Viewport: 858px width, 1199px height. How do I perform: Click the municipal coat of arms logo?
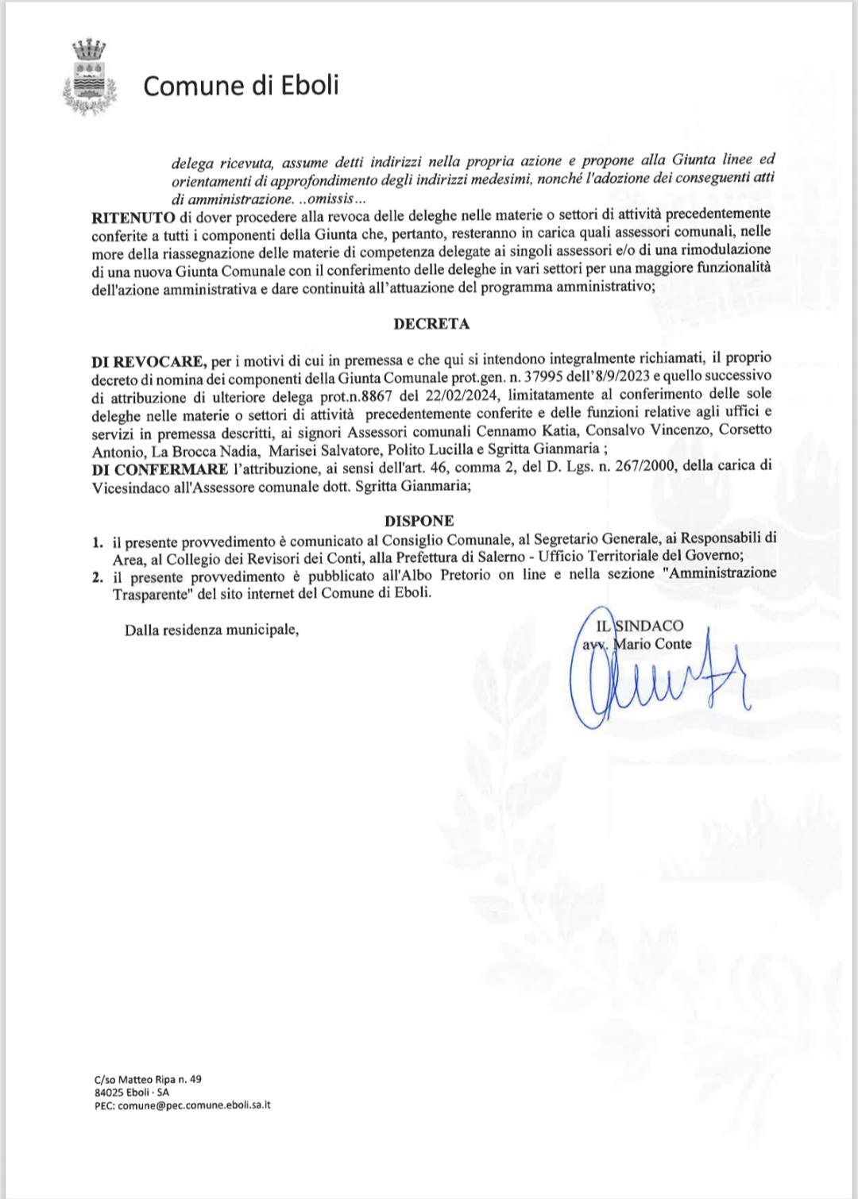coord(89,75)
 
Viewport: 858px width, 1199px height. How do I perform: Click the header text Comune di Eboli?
coord(241,85)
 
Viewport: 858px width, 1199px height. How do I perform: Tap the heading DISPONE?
coord(419,521)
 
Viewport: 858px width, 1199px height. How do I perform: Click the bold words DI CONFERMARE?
coord(160,468)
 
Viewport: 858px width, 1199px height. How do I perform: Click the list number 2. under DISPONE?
coord(98,577)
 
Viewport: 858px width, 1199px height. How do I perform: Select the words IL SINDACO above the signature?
coord(640,626)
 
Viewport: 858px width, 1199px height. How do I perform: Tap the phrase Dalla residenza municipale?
coord(211,630)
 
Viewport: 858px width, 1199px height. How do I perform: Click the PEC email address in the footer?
coord(182,1105)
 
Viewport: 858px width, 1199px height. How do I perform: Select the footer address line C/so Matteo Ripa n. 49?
coord(148,1079)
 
